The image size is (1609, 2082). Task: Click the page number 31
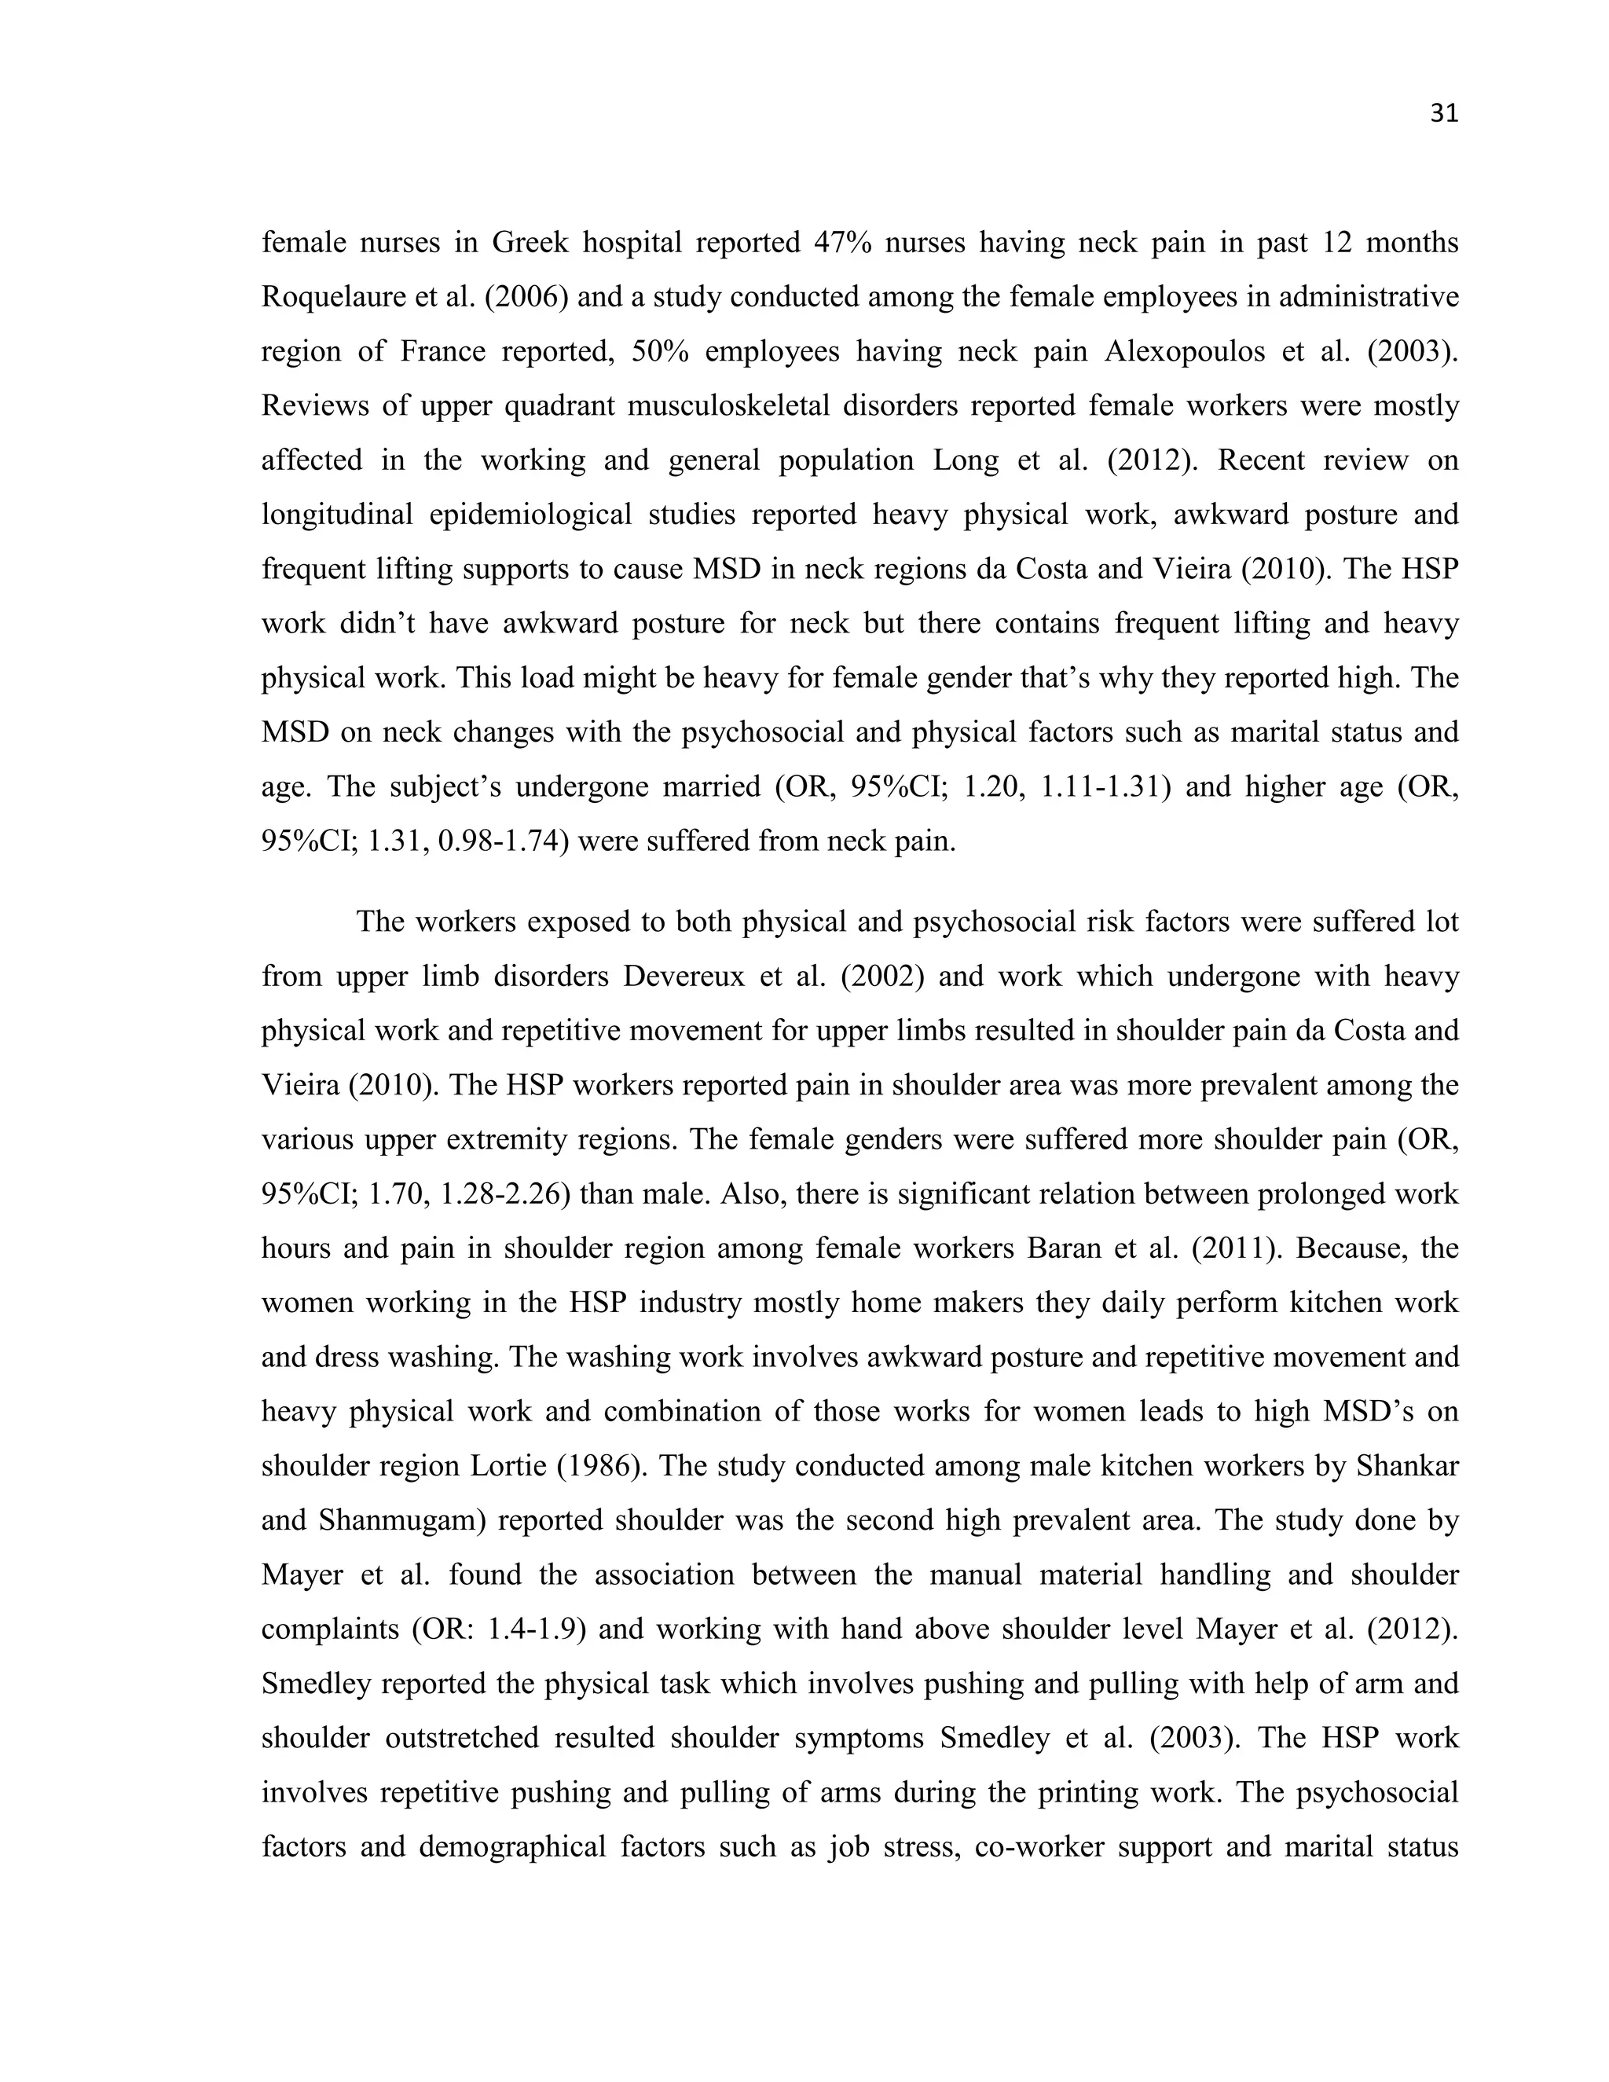(x=1443, y=115)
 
